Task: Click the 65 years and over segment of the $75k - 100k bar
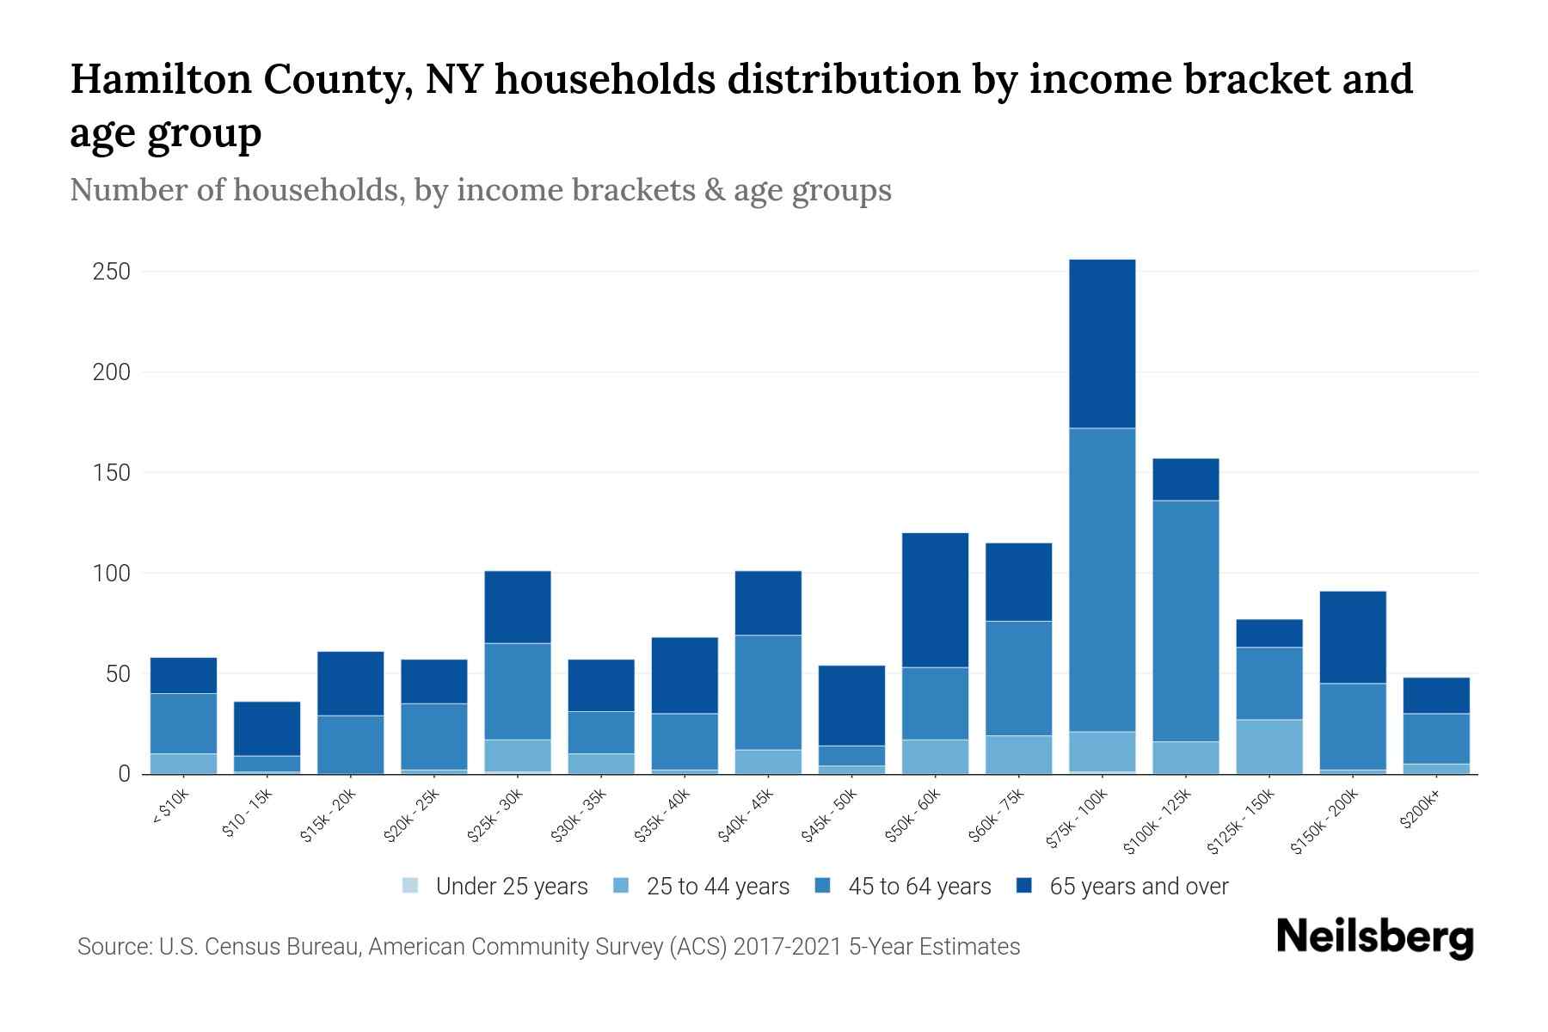tap(1102, 344)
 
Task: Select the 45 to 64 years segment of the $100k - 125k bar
tap(1185, 620)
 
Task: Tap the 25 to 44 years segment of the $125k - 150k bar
tap(1268, 746)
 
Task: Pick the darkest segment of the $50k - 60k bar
tap(935, 600)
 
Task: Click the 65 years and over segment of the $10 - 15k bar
tap(267, 728)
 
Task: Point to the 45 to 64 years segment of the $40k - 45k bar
tap(768, 692)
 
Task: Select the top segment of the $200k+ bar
tap(1436, 696)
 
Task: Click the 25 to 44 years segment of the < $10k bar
tap(183, 764)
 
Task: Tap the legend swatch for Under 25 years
tap(411, 886)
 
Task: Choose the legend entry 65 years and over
tap(1139, 887)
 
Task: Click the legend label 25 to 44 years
tap(717, 887)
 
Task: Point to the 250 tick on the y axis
tap(111, 272)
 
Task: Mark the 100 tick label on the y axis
tap(111, 574)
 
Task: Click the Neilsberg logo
tap(1375, 937)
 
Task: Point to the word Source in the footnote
tap(112, 947)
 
